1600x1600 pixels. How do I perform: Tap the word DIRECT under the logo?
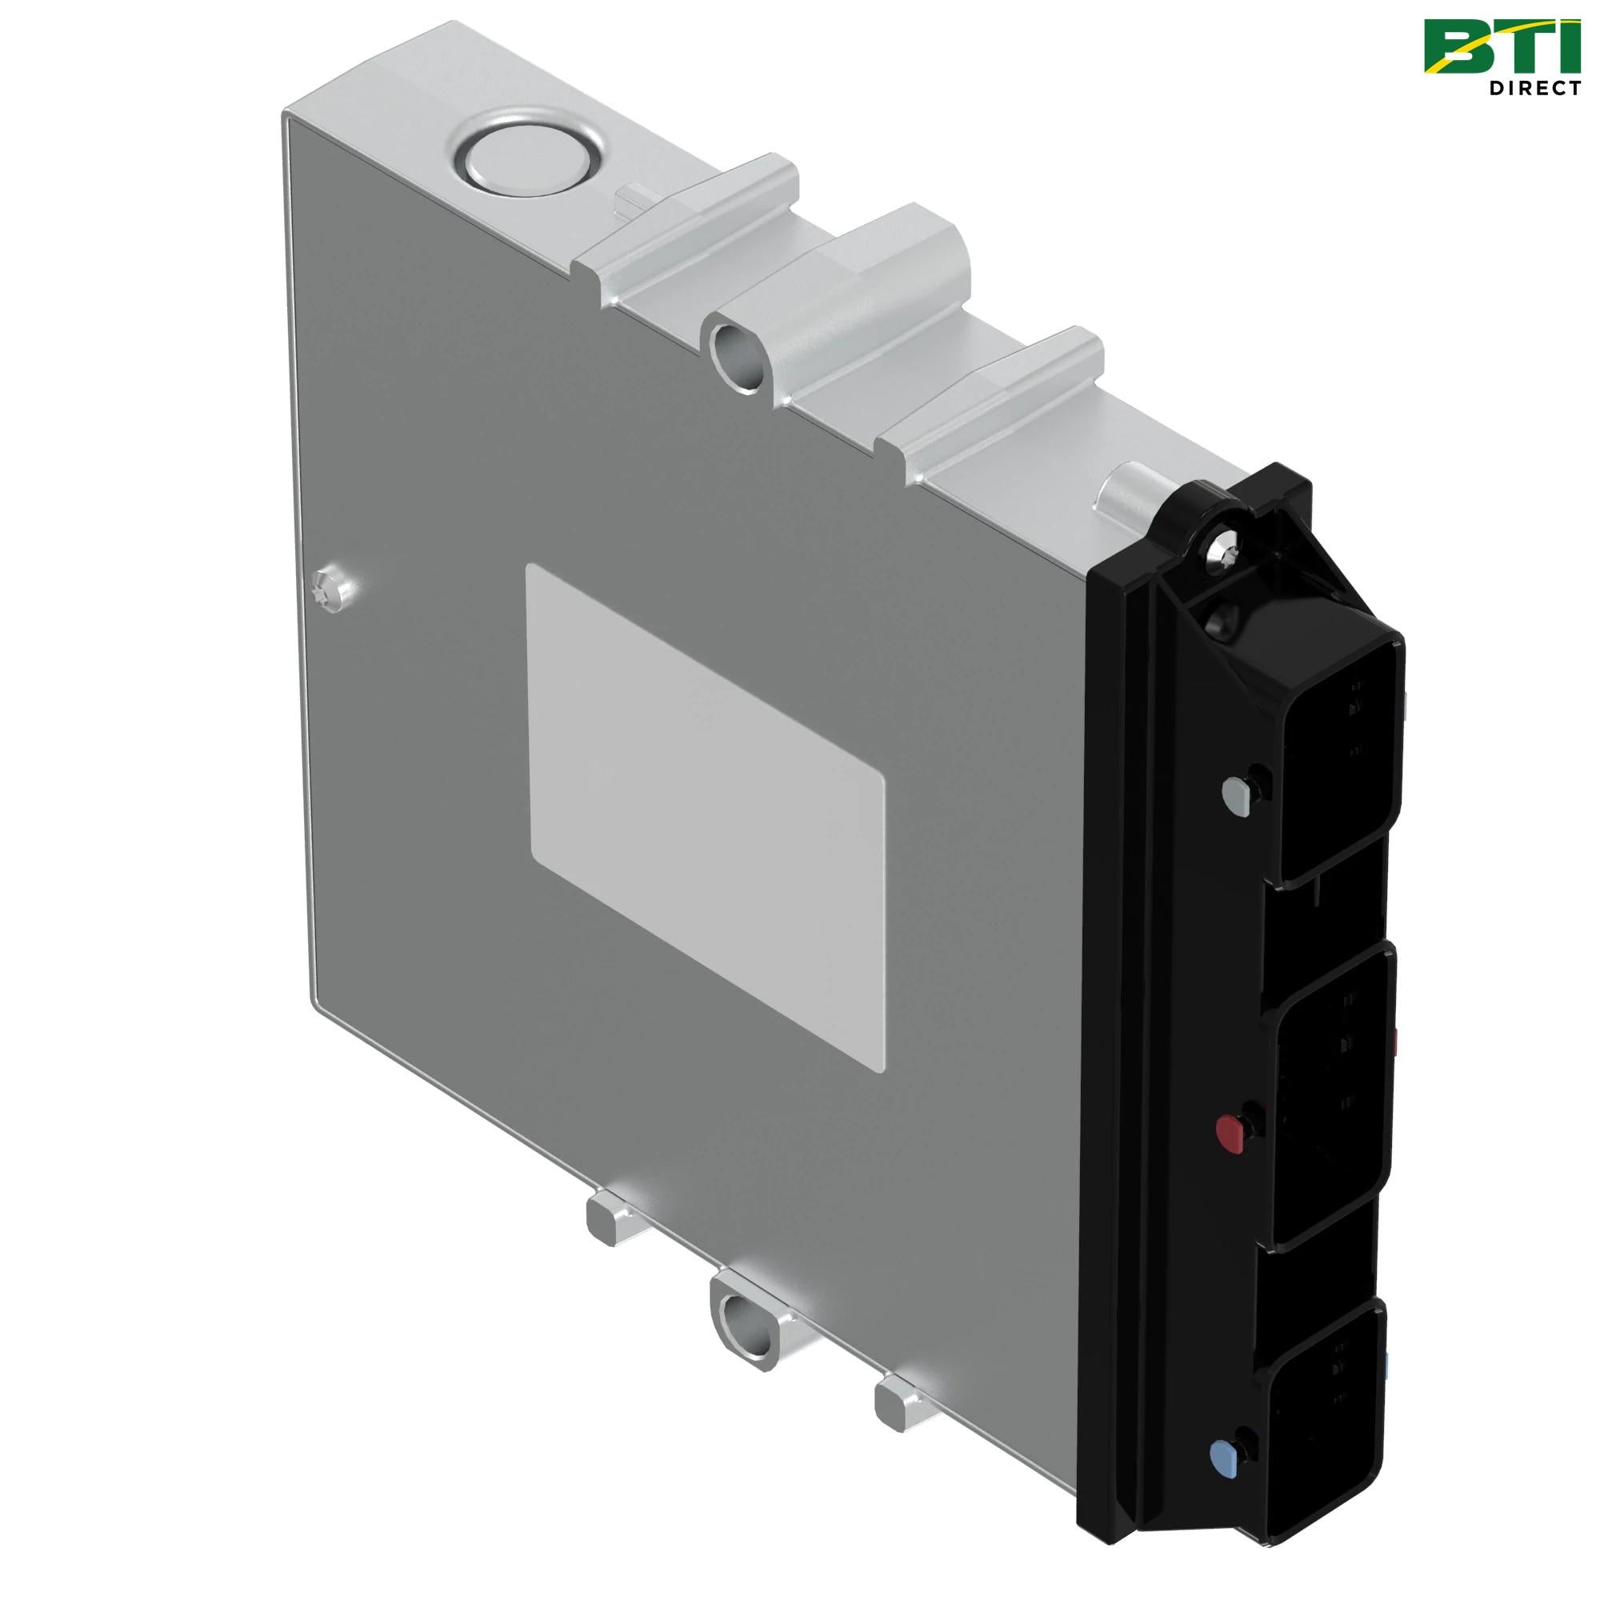(1534, 88)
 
